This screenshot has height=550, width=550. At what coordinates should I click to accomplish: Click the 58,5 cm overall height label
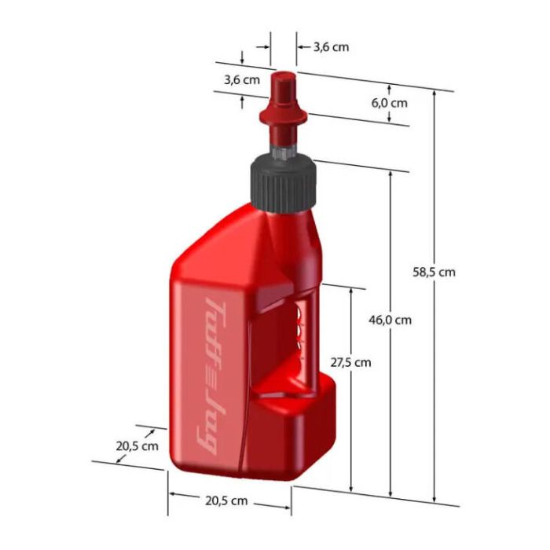(434, 272)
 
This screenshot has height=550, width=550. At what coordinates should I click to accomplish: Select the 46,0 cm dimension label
(390, 320)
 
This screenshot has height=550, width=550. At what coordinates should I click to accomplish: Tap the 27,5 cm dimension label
(350, 362)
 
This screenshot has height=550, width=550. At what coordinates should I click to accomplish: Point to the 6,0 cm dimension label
(389, 103)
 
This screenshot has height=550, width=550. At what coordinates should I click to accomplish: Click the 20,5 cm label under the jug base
(228, 500)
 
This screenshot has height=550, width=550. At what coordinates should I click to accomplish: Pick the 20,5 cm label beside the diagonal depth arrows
(137, 445)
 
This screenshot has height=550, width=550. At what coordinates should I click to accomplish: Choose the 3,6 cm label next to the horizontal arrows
(331, 47)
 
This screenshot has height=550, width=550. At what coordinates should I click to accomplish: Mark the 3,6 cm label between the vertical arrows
(241, 79)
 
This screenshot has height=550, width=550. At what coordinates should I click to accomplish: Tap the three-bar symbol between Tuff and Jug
(214, 373)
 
